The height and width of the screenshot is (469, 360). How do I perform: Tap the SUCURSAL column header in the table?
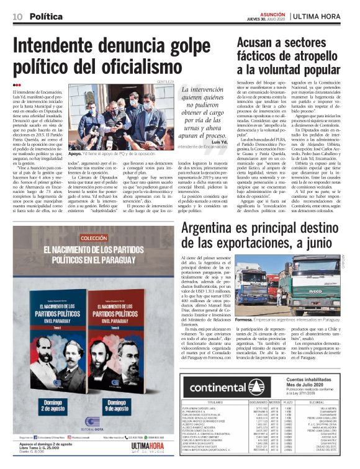334,401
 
